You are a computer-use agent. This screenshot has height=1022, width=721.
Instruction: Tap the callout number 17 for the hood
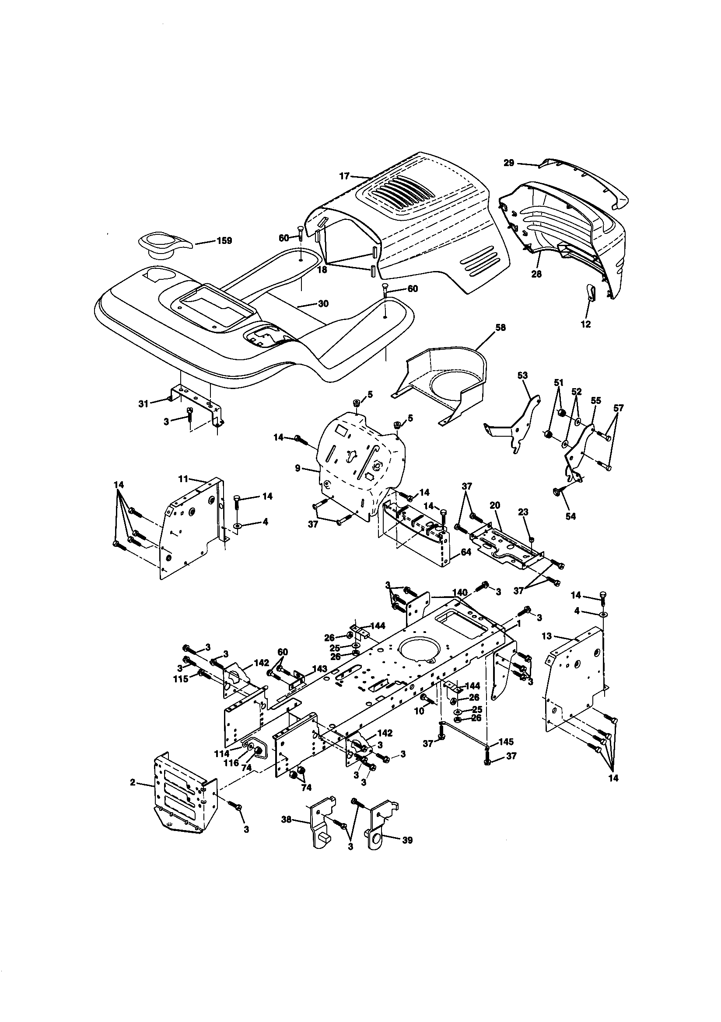click(x=344, y=176)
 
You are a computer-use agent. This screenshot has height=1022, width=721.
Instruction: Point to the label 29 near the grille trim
click(x=509, y=163)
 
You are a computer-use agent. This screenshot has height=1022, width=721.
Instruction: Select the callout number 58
click(x=500, y=327)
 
